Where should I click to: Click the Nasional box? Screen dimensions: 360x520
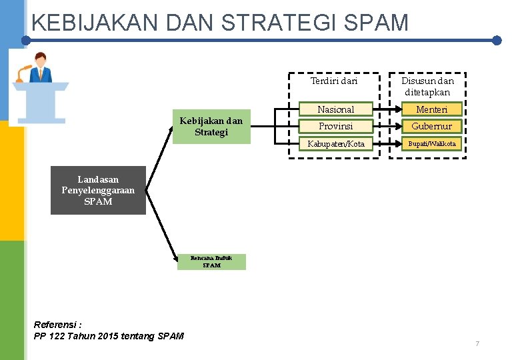point(335,109)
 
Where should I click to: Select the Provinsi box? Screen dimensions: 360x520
point(335,126)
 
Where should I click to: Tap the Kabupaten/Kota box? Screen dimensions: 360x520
point(335,143)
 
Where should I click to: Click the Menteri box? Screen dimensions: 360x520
point(432,109)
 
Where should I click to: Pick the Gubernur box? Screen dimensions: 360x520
point(432,126)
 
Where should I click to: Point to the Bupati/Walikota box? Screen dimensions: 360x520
point(432,143)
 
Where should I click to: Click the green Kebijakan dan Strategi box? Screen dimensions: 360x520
point(211,127)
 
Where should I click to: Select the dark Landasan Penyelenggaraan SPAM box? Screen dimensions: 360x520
point(98,190)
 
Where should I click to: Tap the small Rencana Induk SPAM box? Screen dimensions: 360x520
point(211,261)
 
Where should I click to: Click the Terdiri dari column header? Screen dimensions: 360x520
point(334,81)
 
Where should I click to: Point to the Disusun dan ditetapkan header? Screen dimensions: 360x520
point(427,87)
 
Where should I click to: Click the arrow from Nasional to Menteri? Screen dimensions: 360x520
point(386,109)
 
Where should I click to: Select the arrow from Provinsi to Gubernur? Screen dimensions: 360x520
point(386,126)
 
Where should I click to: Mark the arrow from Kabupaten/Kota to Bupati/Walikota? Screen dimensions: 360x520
point(386,143)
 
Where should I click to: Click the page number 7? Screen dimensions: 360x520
point(477,343)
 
